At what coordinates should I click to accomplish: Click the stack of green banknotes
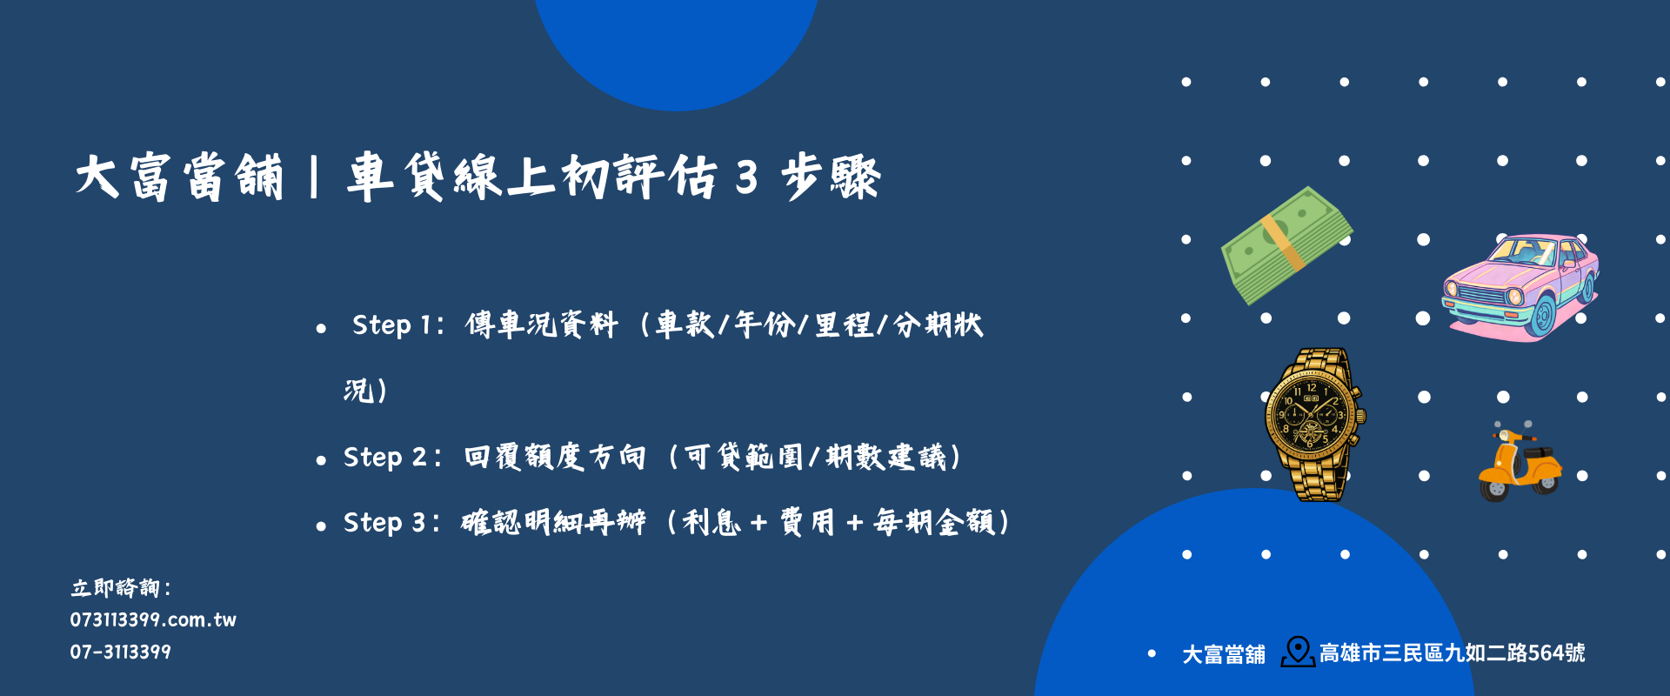coord(1286,245)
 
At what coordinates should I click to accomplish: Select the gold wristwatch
coord(1313,424)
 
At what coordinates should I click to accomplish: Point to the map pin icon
coord(1298,652)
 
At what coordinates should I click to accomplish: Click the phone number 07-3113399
coord(120,652)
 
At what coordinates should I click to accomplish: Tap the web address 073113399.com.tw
coord(153,619)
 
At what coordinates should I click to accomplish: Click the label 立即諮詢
coord(117,588)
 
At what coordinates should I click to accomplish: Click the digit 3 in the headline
coord(746,177)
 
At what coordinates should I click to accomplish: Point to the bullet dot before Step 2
coord(321,460)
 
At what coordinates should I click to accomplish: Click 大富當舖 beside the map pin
coord(1224,653)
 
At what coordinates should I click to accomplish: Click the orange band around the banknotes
coord(1284,243)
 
